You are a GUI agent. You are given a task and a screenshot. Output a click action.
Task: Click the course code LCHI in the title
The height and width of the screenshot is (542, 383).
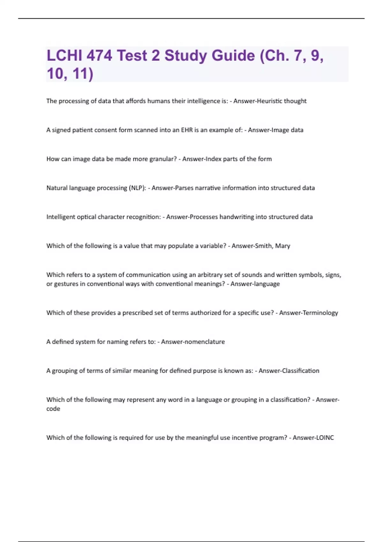[64, 55]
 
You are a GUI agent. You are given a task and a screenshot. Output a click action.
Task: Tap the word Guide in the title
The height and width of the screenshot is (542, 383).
[233, 55]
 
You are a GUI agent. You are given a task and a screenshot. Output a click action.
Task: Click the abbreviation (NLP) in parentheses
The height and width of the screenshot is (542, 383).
[138, 188]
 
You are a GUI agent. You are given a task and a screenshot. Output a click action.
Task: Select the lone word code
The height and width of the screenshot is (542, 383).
[53, 409]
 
